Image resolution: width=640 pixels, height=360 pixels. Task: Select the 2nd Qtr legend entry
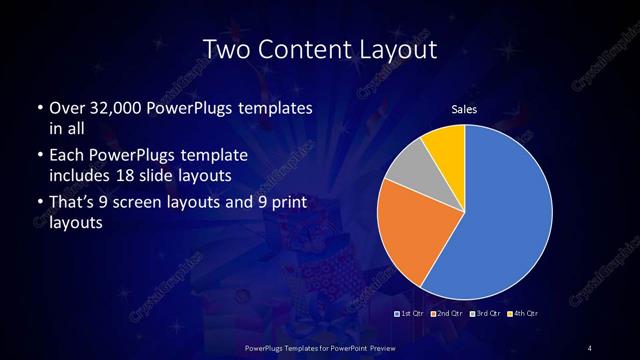pos(446,314)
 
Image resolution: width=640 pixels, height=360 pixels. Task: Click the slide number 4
pos(590,347)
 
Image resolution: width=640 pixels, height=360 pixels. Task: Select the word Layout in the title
pos(401,48)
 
